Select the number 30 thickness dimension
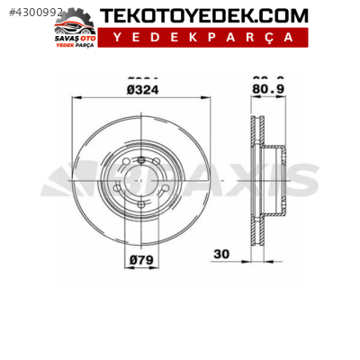[220, 255]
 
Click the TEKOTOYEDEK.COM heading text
[203, 15]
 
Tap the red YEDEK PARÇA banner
[202, 37]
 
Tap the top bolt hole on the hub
[141, 160]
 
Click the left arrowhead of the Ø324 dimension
[74, 98]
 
